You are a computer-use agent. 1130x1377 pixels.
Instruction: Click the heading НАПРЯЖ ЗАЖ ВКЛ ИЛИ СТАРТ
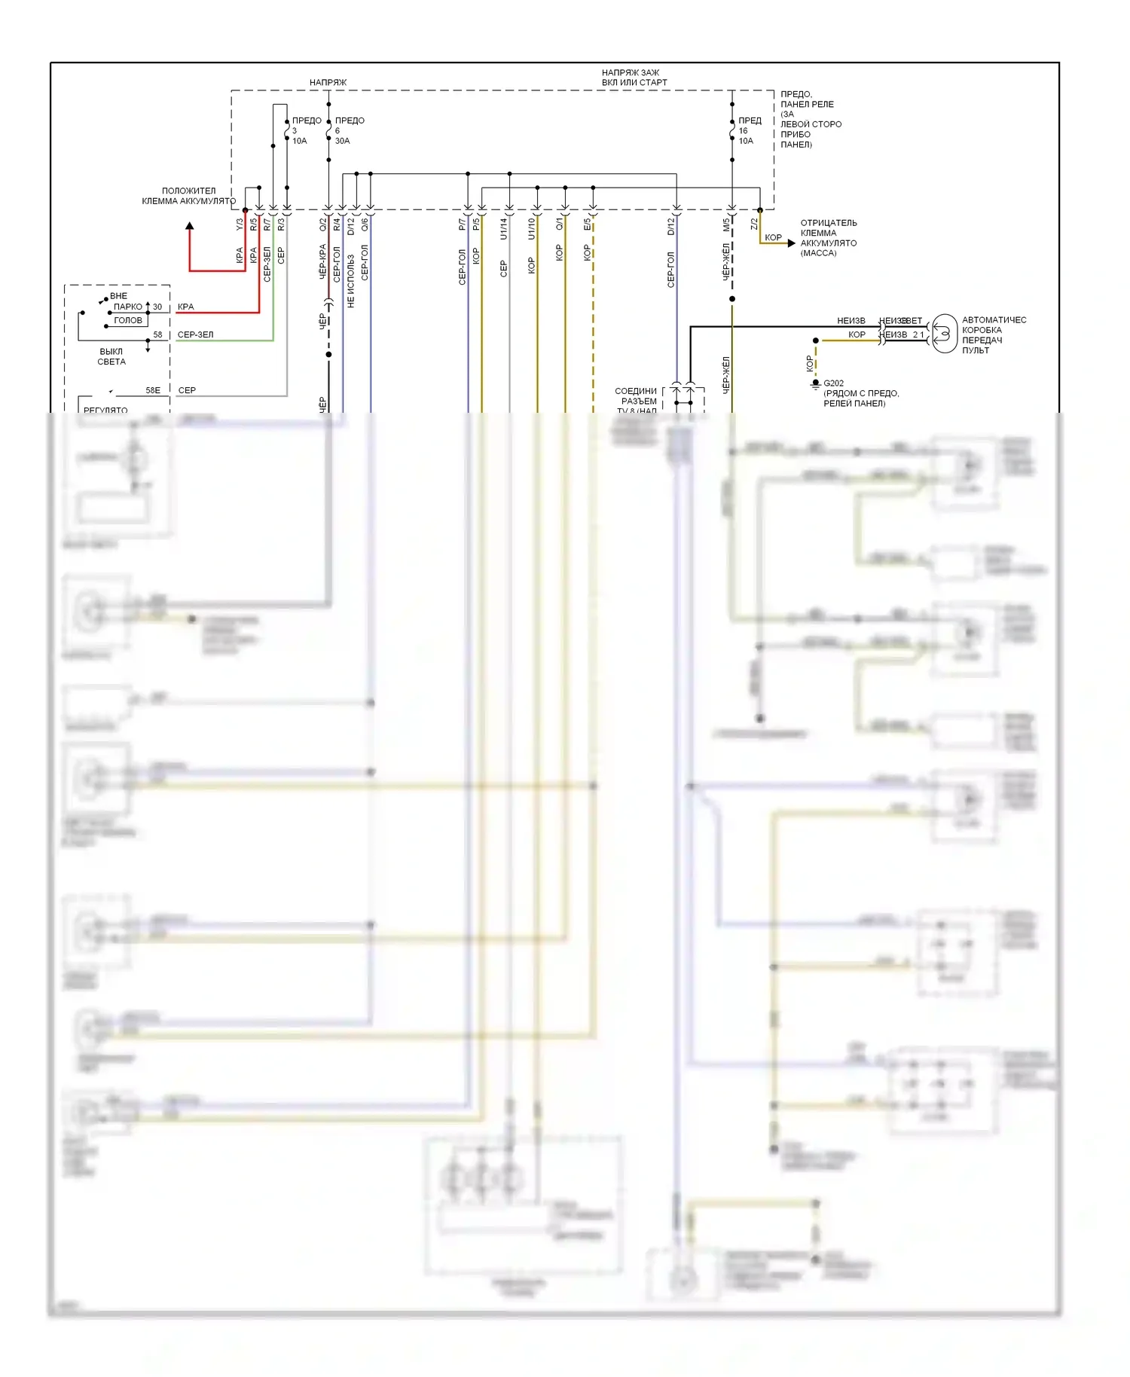634,78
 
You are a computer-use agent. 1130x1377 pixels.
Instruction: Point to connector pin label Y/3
240,224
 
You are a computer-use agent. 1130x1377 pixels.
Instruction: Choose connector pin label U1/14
503,229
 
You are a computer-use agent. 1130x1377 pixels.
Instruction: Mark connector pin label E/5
587,224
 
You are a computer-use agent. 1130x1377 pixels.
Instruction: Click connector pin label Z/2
754,224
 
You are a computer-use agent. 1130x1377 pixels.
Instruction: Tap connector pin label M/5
726,224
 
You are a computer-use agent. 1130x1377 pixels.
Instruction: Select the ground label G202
833,383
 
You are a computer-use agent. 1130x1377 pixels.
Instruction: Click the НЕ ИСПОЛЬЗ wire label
351,280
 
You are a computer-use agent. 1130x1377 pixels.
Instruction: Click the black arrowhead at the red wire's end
190,226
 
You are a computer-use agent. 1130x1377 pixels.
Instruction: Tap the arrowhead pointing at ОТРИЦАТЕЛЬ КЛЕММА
791,243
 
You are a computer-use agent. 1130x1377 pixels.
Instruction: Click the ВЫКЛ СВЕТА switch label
111,356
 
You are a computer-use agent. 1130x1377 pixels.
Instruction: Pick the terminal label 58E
153,390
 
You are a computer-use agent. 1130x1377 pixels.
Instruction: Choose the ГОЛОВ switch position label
128,320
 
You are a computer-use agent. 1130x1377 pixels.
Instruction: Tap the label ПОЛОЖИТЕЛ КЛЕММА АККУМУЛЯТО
188,196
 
